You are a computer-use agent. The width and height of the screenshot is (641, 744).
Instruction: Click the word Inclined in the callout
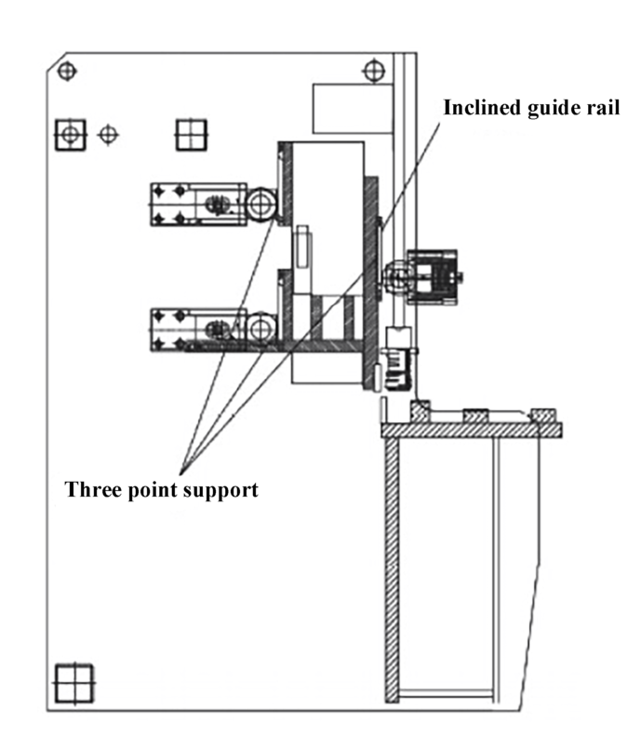click(476, 107)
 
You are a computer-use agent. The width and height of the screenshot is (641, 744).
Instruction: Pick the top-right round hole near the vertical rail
click(372, 70)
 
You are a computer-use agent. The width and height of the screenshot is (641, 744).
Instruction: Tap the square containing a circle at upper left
click(70, 135)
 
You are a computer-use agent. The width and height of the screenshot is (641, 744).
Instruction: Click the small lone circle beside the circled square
click(109, 135)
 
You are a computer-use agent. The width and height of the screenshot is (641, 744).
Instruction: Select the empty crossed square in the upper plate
click(190, 134)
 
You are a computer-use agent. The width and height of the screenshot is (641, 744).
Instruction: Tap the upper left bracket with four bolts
click(195, 204)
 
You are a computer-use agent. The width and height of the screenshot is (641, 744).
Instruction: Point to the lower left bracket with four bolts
click(195, 330)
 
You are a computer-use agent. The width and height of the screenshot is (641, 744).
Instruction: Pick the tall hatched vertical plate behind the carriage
click(371, 279)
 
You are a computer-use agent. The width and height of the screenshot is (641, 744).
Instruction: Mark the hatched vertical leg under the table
click(392, 567)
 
